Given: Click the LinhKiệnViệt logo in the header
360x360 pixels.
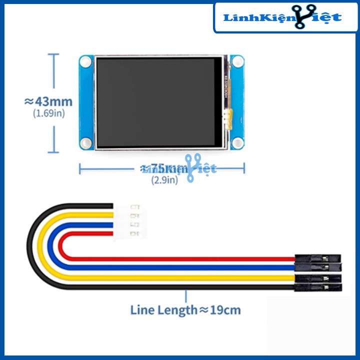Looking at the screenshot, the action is [283, 17].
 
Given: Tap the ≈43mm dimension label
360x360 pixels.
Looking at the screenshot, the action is [48, 101].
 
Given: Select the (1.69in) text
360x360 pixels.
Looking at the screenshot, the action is [49, 113].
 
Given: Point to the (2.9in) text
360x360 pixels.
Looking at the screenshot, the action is [164, 180].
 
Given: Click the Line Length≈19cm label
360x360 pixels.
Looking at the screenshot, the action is [185, 310].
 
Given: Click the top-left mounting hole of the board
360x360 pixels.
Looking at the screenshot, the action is [86, 62].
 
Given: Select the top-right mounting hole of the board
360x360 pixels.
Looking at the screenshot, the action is [237, 62].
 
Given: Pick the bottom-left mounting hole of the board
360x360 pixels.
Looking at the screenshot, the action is [86, 143].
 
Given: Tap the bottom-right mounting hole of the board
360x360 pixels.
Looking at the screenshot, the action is [237, 143].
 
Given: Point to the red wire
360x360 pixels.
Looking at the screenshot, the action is [175, 259].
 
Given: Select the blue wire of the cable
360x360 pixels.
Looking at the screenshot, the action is [175, 267].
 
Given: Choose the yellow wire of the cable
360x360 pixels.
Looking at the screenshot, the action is [175, 277].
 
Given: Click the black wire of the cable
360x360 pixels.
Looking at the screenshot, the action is [175, 286].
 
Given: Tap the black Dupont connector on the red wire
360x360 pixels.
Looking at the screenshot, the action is [318, 258].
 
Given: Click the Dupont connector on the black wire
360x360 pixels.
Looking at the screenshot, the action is [318, 287].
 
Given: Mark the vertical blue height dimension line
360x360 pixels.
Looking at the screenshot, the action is [53, 103].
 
